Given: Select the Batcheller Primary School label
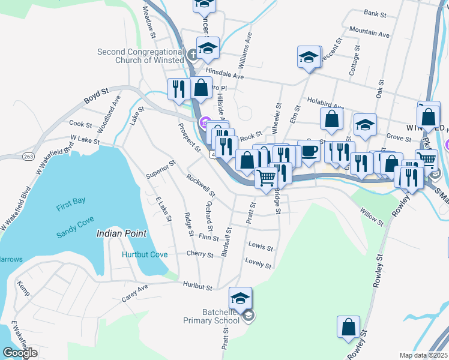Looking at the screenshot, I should click(211, 316).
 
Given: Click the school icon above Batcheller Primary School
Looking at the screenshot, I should click(240, 298).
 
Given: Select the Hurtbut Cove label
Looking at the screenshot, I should click(145, 254).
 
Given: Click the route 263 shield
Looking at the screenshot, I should click(12, 154).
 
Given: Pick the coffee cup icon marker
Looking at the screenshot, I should click(309, 151).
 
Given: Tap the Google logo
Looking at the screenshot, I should click(20, 352).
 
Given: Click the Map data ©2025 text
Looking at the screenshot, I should click(423, 355).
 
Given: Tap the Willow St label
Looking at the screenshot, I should click(372, 217).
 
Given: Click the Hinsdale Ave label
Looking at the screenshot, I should click(224, 76).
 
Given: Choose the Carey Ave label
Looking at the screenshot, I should click(134, 293).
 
